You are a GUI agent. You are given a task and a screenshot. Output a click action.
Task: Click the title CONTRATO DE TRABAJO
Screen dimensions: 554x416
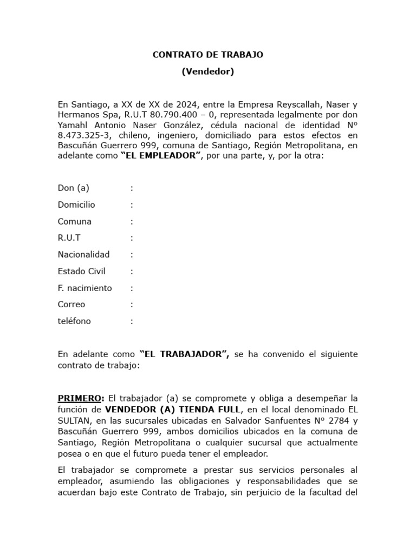(207, 55)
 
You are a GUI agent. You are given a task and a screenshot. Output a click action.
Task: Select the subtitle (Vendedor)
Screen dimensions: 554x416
(207, 71)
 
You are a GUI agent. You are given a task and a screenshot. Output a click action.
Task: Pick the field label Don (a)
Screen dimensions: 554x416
(73, 188)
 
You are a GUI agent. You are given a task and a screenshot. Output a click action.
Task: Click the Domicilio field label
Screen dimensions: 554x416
(76, 205)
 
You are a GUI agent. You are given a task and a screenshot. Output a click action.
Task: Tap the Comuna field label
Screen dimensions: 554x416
(75, 222)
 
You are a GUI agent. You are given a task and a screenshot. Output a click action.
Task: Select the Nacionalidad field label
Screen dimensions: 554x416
(84, 255)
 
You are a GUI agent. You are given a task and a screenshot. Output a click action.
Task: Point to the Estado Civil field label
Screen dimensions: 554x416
(82, 272)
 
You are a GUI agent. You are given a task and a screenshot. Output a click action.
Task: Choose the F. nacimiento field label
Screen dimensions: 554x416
(85, 288)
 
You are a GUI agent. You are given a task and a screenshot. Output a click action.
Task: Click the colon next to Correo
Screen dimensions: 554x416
(132, 305)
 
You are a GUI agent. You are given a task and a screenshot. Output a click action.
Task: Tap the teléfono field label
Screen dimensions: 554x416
(75, 321)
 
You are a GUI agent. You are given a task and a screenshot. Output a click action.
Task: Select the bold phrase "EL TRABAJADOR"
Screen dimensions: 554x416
(184, 354)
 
